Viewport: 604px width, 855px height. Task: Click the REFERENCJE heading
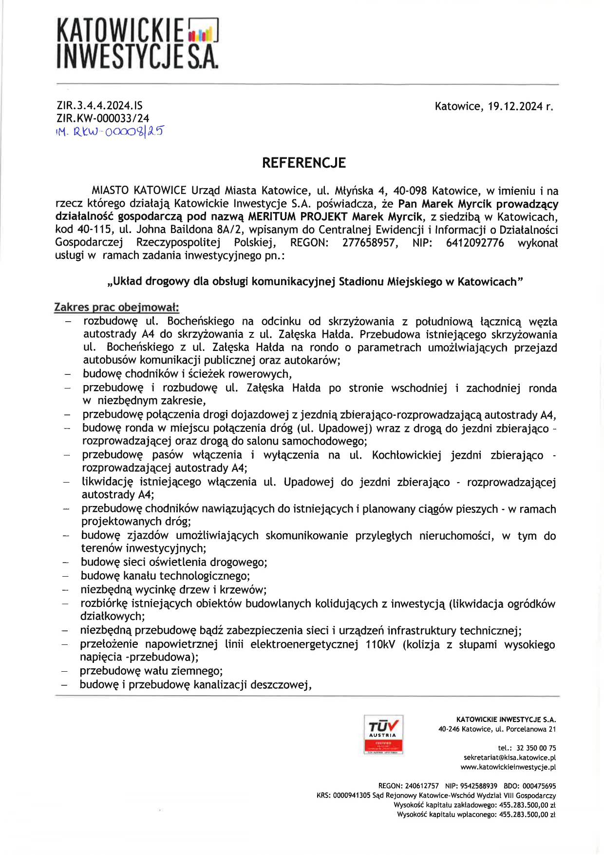(x=303, y=163)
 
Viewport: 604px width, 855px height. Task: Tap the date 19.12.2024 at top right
(x=515, y=106)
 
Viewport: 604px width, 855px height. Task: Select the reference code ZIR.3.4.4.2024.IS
(x=99, y=105)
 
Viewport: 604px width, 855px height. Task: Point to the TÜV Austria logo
(x=383, y=734)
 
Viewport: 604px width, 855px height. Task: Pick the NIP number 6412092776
(x=474, y=243)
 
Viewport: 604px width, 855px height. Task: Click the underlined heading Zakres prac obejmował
(x=116, y=307)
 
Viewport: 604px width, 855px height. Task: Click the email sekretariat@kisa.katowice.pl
(x=510, y=758)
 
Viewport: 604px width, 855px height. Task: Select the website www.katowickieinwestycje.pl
(x=508, y=767)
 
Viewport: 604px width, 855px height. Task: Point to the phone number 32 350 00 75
(x=536, y=748)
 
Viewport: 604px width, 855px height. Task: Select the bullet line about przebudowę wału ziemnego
(x=151, y=671)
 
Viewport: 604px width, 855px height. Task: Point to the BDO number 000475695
(x=539, y=786)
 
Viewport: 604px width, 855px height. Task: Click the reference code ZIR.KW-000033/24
(x=103, y=118)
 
